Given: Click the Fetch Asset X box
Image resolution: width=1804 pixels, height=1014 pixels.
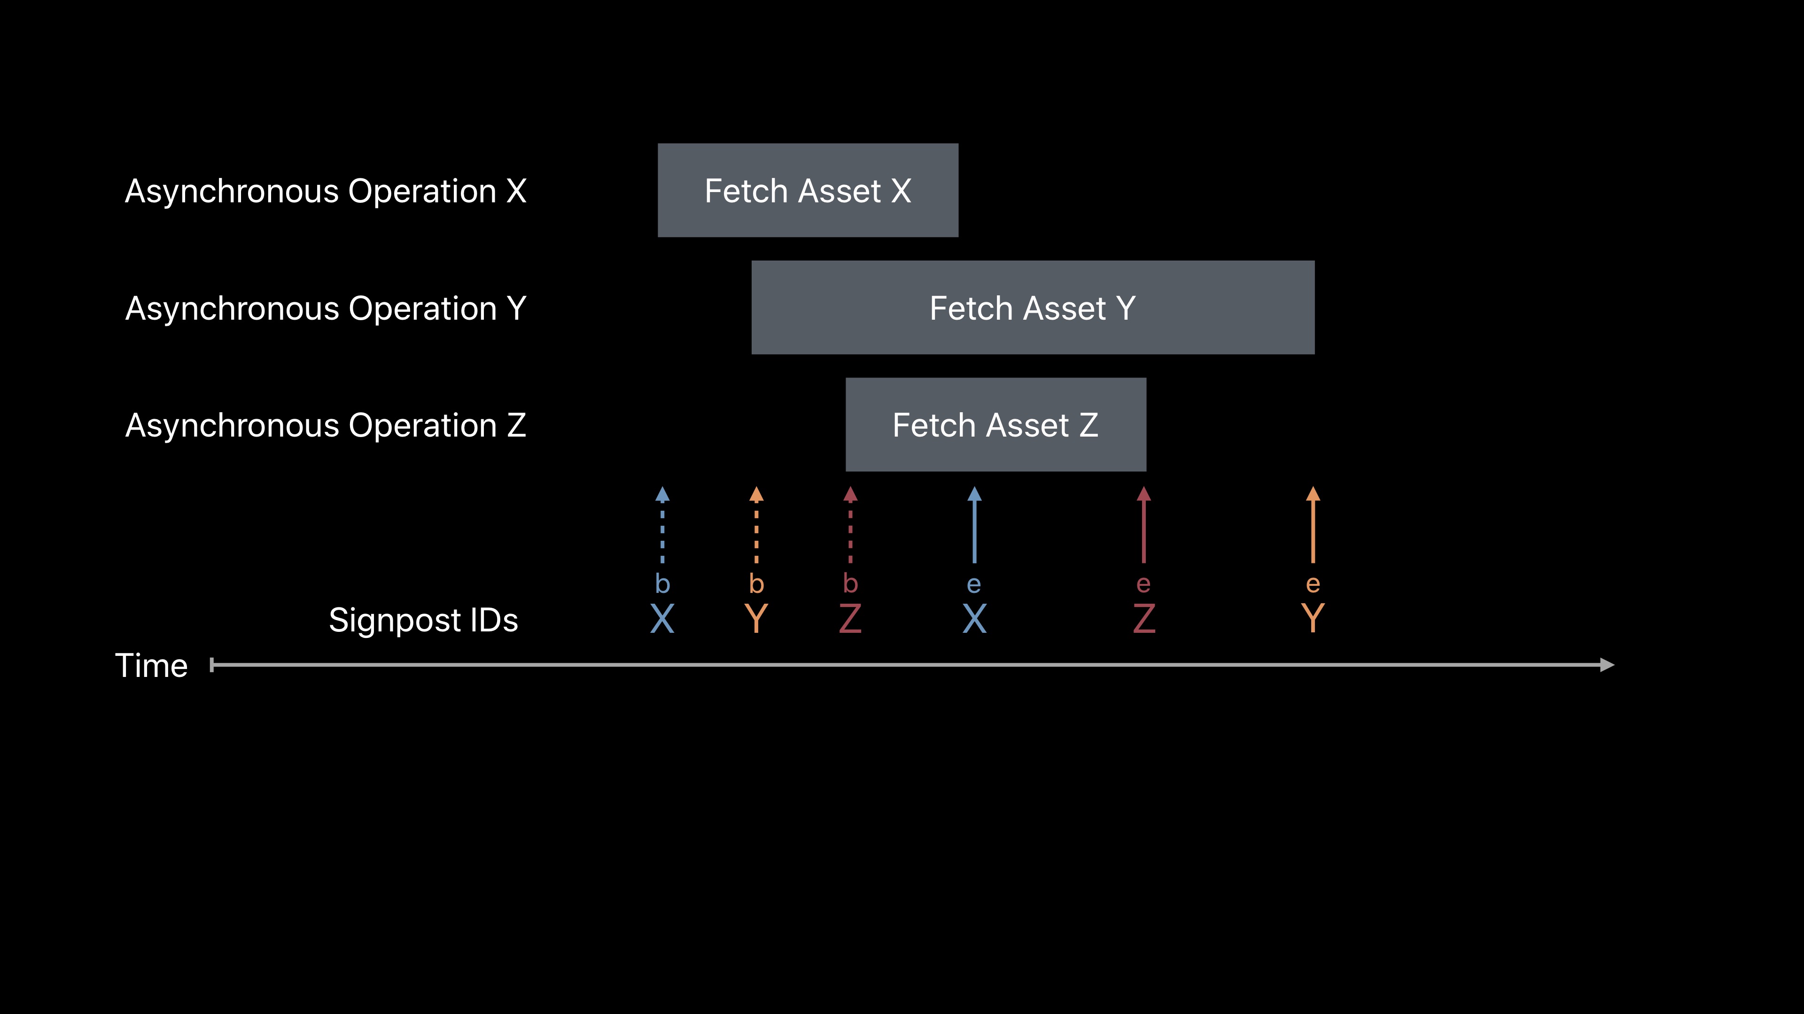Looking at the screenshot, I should pyautogui.click(x=808, y=190).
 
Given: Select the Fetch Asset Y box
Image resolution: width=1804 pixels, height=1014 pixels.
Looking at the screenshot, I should pyautogui.click(x=1032, y=308).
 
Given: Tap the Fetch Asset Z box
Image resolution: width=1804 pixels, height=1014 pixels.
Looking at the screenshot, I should pyautogui.click(x=995, y=425).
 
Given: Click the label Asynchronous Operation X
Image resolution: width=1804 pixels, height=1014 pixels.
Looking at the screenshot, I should pyautogui.click(x=326, y=191).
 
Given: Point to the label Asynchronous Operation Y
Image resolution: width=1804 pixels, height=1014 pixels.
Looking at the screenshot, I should pyautogui.click(x=326, y=308).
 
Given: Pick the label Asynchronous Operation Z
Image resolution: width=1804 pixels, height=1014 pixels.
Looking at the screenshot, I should pyautogui.click(x=326, y=425).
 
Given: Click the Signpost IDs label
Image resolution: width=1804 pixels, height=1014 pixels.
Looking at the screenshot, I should pyautogui.click(x=423, y=620).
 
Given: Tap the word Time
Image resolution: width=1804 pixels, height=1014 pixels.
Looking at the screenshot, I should pyautogui.click(x=151, y=666).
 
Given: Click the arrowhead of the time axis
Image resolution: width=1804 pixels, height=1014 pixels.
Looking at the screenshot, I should pyautogui.click(x=1607, y=665).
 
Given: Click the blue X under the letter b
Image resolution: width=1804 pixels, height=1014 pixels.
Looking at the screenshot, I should pyautogui.click(x=662, y=619).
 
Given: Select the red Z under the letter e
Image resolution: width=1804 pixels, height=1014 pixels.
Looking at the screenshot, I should pyautogui.click(x=1143, y=619).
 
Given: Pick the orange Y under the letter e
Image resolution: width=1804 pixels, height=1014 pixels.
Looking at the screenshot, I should pyautogui.click(x=1313, y=619).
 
